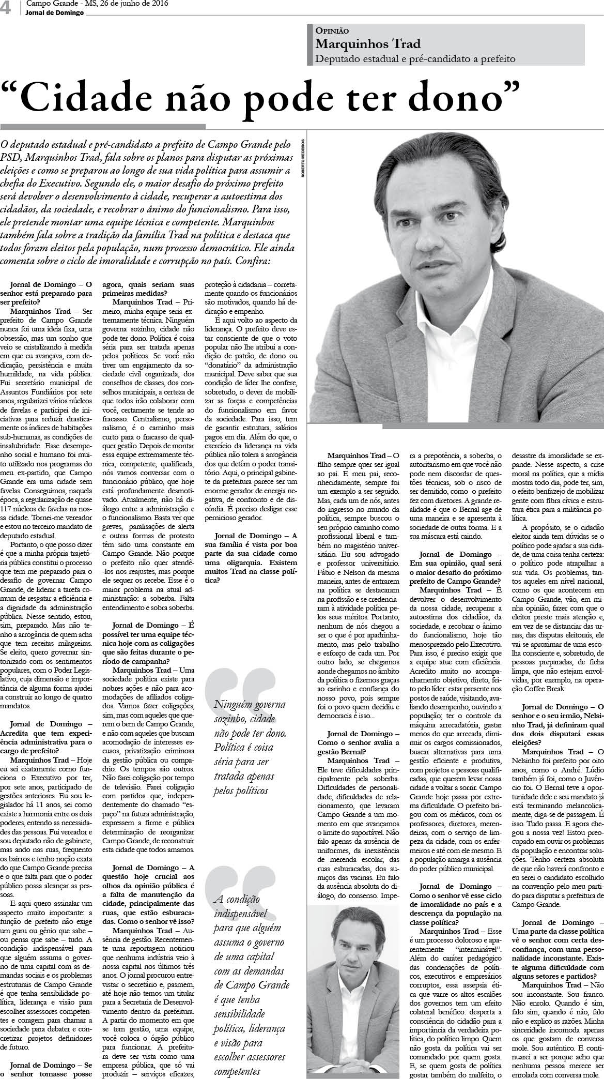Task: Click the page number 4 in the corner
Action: pyautogui.click(x=6, y=8)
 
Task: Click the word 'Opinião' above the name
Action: pyautogui.click(x=332, y=31)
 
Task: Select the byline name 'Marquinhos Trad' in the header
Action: pyautogui.click(x=368, y=44)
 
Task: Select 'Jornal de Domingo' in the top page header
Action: pyautogui.click(x=54, y=13)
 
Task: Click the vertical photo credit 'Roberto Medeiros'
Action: pyautogui.click(x=304, y=158)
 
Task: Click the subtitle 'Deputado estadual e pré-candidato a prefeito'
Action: pyautogui.click(x=415, y=58)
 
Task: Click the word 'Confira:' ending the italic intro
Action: pyautogui.click(x=253, y=261)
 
